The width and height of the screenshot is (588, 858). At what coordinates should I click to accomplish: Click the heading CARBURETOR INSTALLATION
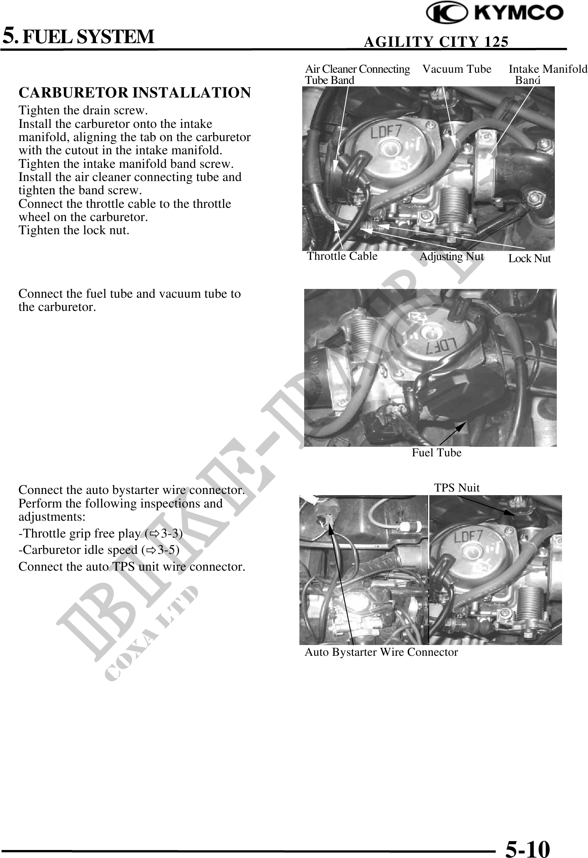[135, 93]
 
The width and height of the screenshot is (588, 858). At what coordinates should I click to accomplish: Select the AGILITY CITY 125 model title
[436, 42]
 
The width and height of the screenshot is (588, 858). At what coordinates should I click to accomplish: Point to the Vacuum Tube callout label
[457, 69]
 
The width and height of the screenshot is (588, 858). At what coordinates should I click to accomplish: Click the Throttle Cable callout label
[342, 256]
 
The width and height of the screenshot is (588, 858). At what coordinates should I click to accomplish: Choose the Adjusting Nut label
[452, 257]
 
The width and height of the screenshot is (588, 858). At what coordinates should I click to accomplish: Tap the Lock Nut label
[530, 259]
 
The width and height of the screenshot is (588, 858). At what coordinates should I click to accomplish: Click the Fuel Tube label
[437, 453]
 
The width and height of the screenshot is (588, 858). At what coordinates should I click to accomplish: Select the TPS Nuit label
[457, 488]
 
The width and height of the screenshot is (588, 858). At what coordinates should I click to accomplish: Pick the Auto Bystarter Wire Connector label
[381, 652]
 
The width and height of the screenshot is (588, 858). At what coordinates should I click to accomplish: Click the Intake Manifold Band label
[548, 74]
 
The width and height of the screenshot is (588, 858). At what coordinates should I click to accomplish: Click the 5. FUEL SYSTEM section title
[79, 36]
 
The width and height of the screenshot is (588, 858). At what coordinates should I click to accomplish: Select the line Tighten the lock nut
[74, 230]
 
